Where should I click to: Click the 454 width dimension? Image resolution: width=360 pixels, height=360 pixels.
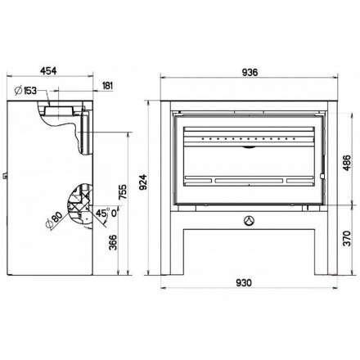coord(48,70)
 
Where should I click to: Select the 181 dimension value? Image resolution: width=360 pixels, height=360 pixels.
coord(107,86)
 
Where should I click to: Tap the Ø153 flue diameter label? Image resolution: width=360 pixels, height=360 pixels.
coord(26,91)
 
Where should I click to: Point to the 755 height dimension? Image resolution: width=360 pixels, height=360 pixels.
coord(123,191)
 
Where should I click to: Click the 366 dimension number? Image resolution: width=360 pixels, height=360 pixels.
coord(113,242)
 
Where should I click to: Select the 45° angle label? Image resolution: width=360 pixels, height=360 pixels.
coord(103,213)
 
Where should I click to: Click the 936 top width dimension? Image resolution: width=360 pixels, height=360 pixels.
coord(250,73)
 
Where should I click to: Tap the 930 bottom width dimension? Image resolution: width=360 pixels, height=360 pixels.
coord(244,283)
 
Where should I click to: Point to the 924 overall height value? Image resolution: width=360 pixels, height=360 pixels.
coord(143,182)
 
